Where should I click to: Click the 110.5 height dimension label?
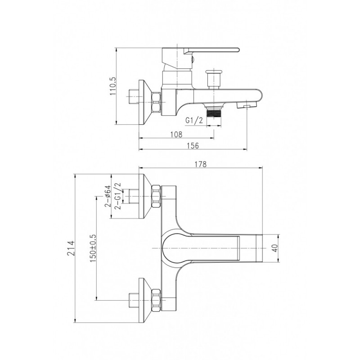[x=113, y=86]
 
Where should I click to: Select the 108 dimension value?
[x=176, y=134]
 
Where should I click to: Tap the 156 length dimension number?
[x=193, y=145]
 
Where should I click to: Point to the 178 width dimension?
[x=200, y=164]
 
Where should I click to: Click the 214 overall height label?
[x=72, y=248]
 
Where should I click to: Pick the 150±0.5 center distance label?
[x=93, y=248]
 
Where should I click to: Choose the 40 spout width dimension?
[x=275, y=248]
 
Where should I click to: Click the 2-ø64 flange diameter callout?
[x=108, y=196]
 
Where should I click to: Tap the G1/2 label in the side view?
[x=194, y=120]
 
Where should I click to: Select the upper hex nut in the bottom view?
[x=156, y=197]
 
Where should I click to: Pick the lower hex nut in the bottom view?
[x=156, y=300]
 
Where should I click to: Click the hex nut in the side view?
[x=156, y=102]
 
